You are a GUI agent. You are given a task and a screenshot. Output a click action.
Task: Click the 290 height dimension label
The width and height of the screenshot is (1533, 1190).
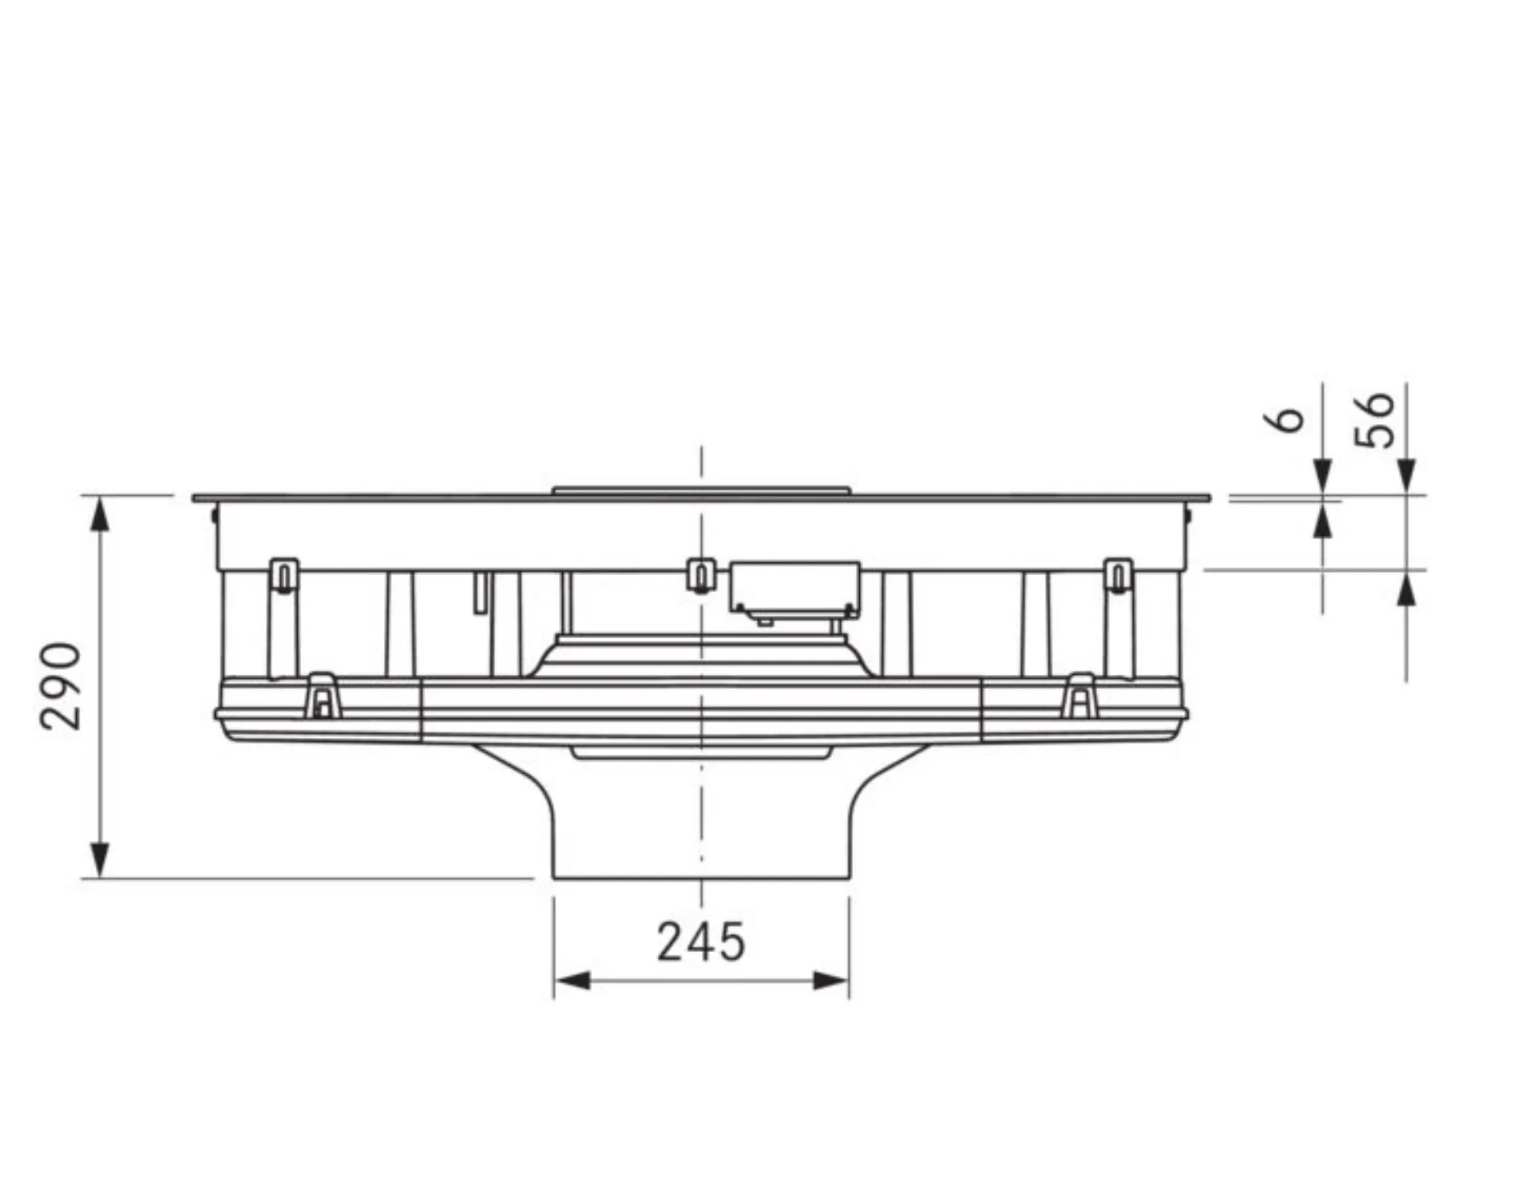[x=61, y=686]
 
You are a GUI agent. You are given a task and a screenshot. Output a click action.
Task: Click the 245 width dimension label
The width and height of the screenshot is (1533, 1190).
[x=701, y=942]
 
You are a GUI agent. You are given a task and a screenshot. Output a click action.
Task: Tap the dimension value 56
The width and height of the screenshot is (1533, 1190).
[x=1375, y=419]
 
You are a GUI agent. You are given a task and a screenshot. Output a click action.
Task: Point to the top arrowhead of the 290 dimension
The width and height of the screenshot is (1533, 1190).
[x=99, y=514]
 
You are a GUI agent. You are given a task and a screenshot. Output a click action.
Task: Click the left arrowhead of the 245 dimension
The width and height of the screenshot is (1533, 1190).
[x=572, y=981]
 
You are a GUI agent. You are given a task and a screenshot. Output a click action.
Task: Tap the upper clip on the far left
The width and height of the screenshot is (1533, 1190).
[x=284, y=575]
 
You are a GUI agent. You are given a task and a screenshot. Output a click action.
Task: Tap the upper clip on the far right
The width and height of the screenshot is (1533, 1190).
[x=1118, y=575]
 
